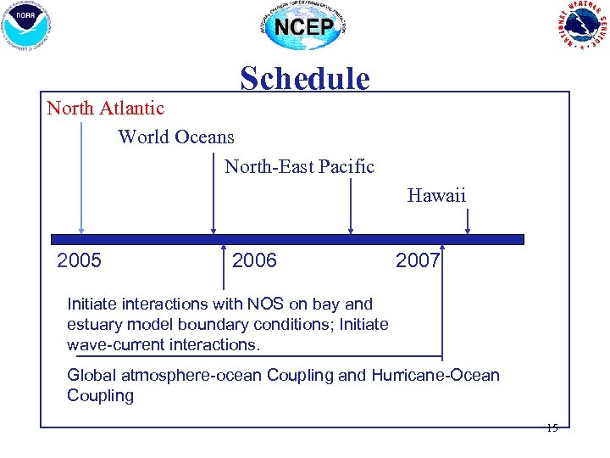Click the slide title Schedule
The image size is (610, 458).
tap(305, 79)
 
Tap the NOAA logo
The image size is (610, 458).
tap(27, 25)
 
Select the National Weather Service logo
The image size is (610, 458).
tap(582, 25)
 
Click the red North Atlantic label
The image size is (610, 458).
tap(106, 109)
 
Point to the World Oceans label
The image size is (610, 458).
tap(176, 137)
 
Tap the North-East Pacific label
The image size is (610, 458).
tap(299, 166)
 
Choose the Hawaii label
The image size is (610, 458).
tap(436, 196)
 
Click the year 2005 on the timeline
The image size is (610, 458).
tap(79, 260)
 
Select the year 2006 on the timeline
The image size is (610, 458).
tap(254, 260)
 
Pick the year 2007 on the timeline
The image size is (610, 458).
tap(418, 260)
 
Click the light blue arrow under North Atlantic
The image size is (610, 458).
tap(81, 178)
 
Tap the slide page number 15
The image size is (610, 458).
tap(552, 428)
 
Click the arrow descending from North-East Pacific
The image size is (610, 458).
tap(351, 204)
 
